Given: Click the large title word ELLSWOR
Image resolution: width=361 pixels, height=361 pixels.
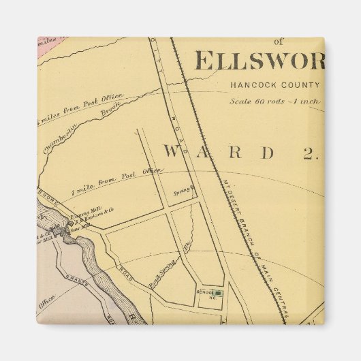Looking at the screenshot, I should (259, 61).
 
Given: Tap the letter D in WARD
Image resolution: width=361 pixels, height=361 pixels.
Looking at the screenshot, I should (269, 152).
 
